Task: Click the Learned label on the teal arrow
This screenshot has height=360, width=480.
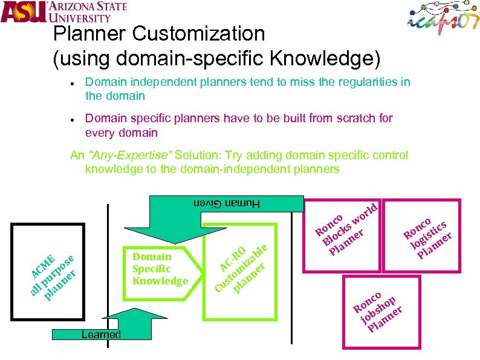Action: point(96,335)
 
